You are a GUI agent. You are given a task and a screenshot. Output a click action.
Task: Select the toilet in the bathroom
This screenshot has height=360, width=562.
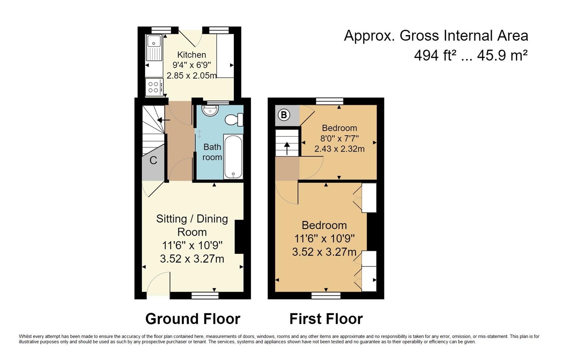(x=234, y=120)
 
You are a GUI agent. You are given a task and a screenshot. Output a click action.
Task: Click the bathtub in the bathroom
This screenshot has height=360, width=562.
(x=233, y=156)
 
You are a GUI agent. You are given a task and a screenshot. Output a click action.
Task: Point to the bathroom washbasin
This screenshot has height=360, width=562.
(x=210, y=111)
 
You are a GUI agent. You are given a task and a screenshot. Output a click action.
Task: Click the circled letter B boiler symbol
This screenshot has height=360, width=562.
(x=284, y=115)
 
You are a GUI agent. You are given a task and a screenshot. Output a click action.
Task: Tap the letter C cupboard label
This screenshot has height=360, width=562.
(x=153, y=160)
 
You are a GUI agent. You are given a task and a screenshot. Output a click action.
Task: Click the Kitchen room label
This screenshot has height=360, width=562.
(x=192, y=55)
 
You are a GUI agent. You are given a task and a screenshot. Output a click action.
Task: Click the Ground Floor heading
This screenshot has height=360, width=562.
(x=193, y=319)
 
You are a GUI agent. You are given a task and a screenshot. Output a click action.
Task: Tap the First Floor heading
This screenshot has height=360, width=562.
(x=326, y=319)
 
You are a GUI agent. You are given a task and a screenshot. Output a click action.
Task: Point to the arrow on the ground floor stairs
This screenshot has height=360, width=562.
(x=163, y=120)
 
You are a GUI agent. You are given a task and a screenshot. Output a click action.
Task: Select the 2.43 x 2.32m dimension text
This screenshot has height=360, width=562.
(x=340, y=149)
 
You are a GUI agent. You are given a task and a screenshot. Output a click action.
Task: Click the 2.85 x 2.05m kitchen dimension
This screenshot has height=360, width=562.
(x=191, y=75)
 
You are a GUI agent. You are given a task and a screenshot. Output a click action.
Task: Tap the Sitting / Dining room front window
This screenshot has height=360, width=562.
(x=205, y=296)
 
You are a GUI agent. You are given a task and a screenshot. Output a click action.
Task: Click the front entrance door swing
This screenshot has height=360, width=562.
(x=158, y=283)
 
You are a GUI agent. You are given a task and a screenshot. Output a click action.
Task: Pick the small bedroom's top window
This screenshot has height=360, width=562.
(x=330, y=101)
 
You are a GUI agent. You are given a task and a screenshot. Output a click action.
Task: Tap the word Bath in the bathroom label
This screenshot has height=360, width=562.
(x=212, y=147)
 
